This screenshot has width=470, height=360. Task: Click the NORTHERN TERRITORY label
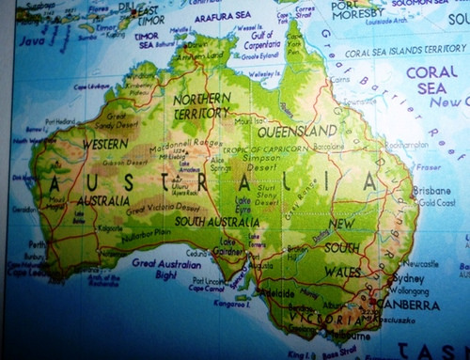[x=201, y=105]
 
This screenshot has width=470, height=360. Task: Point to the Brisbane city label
[x=431, y=190]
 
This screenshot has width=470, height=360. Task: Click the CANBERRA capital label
[x=408, y=305]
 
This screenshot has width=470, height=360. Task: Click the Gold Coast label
[x=435, y=203]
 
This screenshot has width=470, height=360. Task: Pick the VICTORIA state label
[x=321, y=318]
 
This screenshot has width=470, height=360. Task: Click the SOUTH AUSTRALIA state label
[x=217, y=222]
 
